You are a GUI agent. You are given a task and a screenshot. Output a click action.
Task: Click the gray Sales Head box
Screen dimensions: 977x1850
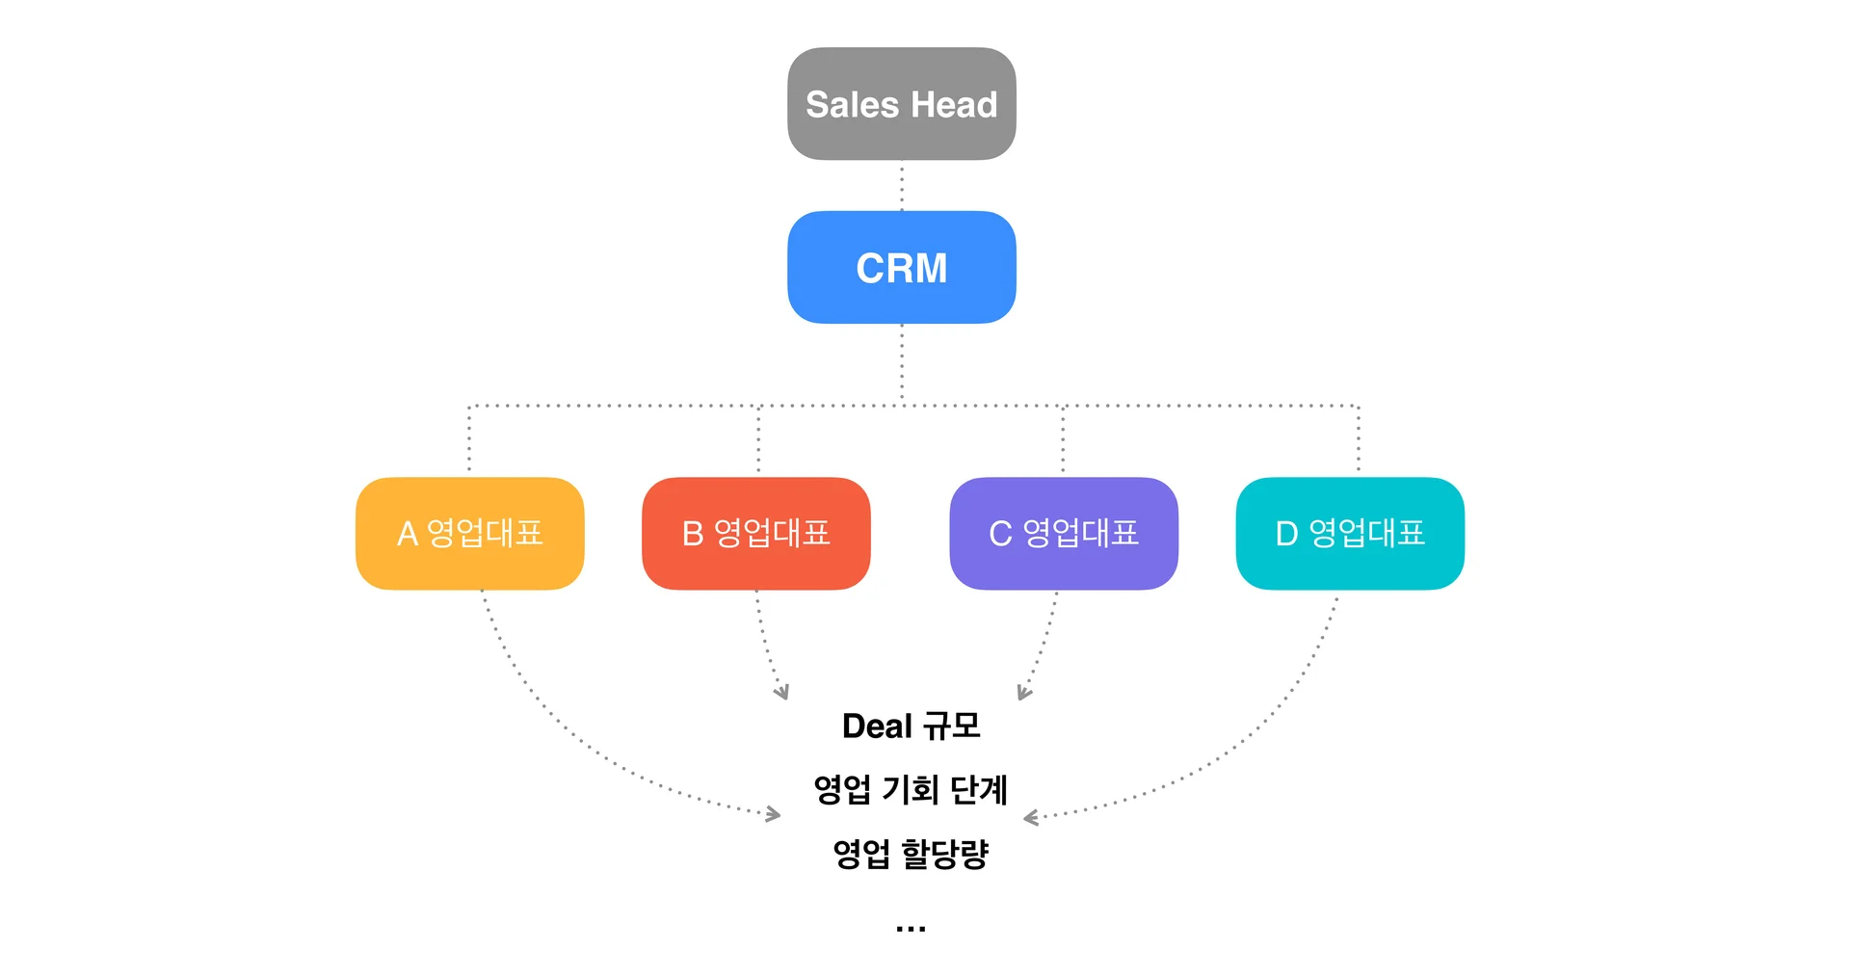click(x=901, y=104)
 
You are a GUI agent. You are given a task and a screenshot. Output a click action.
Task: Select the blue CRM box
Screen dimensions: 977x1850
click(x=901, y=267)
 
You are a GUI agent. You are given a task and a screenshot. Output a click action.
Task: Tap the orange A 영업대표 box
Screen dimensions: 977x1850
click(x=469, y=533)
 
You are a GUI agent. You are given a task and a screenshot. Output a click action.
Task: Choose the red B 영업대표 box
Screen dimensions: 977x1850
click(x=755, y=533)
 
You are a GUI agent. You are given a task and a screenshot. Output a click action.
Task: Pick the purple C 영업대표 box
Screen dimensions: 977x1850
click(x=1063, y=533)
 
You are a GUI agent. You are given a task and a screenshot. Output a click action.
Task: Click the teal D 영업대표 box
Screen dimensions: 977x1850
click(x=1349, y=533)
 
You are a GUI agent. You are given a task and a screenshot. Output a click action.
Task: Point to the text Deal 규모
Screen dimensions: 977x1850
click(x=911, y=726)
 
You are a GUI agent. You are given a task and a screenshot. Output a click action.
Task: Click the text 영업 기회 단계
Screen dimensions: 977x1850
click(x=911, y=789)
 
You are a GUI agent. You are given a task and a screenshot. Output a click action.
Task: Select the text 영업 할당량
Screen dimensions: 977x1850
click(x=911, y=854)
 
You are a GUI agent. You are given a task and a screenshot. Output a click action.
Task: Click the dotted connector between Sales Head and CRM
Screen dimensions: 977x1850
click(x=902, y=186)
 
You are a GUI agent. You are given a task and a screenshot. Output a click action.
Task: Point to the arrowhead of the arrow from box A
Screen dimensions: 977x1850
click(x=774, y=815)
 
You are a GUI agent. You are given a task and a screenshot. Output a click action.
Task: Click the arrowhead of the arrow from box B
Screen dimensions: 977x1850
click(x=783, y=693)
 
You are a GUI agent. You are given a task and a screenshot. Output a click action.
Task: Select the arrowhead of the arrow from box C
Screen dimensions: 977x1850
click(x=1023, y=693)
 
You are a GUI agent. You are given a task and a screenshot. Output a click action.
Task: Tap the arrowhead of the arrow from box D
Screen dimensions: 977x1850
click(x=1030, y=818)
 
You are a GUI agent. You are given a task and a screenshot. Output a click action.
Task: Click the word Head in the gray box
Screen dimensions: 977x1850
click(x=954, y=104)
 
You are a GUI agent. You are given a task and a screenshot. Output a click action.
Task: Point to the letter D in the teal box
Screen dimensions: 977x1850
click(x=1286, y=534)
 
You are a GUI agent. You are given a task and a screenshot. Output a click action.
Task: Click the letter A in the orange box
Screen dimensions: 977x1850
click(x=408, y=534)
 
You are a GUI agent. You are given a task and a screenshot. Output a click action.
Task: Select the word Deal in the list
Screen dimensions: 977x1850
click(x=876, y=726)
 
